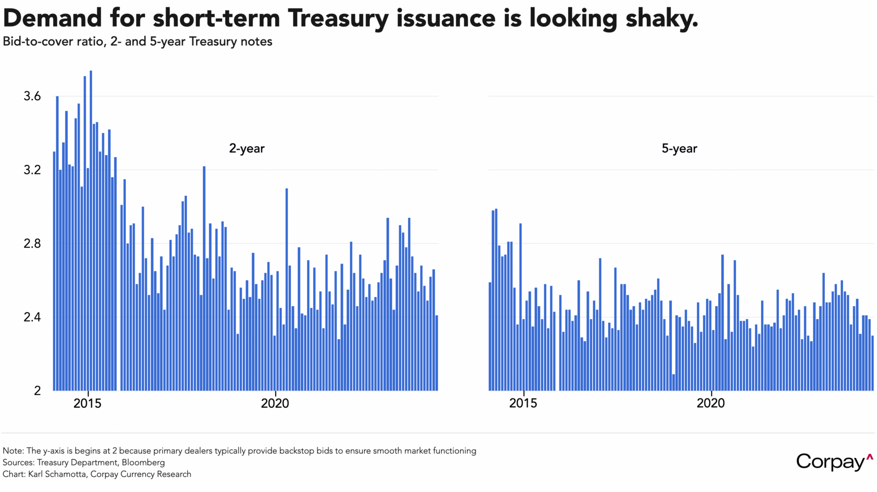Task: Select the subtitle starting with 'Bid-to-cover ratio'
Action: point(138,41)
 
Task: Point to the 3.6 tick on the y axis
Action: point(32,96)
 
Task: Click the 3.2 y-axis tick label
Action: point(32,170)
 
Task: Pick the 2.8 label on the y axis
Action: point(32,244)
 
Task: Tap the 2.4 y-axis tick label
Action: point(32,317)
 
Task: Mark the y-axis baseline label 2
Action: point(37,391)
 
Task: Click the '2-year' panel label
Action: point(247,149)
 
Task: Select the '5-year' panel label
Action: point(679,149)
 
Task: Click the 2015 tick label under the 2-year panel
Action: point(88,404)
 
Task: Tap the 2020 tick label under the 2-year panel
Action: point(275,404)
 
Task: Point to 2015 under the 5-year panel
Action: point(524,404)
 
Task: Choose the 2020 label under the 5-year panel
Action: point(711,404)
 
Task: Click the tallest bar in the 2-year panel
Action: point(91,231)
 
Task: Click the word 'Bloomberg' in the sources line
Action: point(143,462)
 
